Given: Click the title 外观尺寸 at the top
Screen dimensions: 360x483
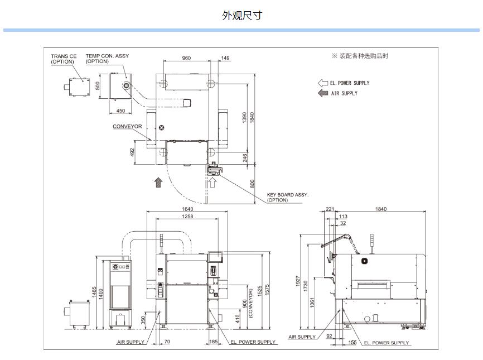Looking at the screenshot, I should (241, 16).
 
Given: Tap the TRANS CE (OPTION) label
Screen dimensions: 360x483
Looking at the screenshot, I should (64, 59).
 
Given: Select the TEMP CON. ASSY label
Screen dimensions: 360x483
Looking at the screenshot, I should (107, 56).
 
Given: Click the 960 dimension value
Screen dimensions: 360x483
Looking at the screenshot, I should (186, 58).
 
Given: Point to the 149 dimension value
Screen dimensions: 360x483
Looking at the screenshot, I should (225, 58).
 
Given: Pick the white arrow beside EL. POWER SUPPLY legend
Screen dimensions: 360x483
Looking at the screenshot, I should (322, 83).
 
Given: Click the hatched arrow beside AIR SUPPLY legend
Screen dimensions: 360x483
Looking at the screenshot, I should (322, 93).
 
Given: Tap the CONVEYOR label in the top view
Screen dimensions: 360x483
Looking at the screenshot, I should (127, 127).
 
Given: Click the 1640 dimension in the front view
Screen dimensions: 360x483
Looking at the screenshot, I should (187, 209).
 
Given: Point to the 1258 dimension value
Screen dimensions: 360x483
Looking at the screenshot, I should (187, 217).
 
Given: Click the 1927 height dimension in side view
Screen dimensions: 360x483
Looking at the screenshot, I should (298, 281).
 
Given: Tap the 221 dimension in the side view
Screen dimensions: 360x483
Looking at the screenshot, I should (330, 209).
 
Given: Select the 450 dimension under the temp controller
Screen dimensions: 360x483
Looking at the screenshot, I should (120, 111).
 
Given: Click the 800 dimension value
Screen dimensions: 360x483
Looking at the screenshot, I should (252, 183).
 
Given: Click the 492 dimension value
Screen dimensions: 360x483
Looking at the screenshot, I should (133, 152).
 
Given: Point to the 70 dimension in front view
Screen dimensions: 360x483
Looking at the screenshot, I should (167, 341).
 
